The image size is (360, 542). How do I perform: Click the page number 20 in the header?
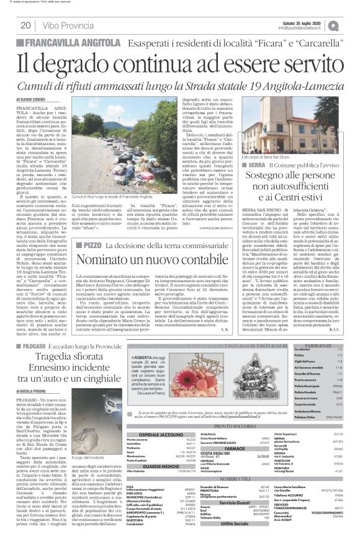coord(26,25)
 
